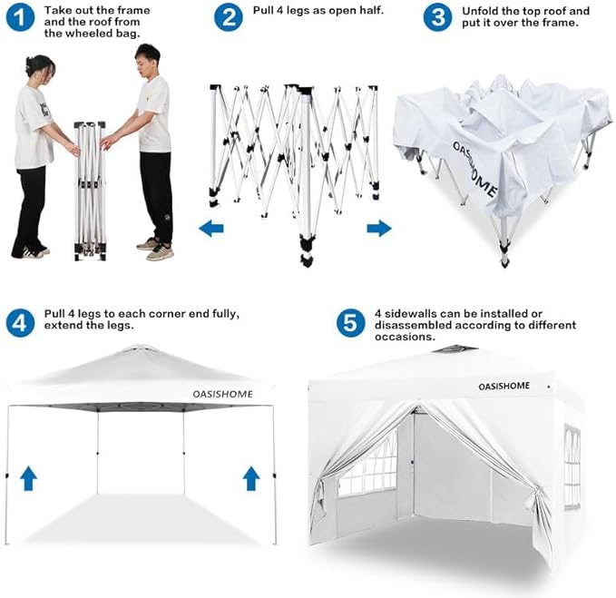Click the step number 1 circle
[x=17, y=17]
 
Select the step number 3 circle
[x=438, y=17]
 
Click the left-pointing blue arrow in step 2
[x=211, y=229]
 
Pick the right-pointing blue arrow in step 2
[x=379, y=229]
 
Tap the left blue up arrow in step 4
[x=28, y=478]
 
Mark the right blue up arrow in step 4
[x=250, y=478]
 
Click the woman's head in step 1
[x=39, y=68]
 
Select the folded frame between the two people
[x=90, y=191]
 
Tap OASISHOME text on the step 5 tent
[x=505, y=387]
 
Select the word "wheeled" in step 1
[x=68, y=34]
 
